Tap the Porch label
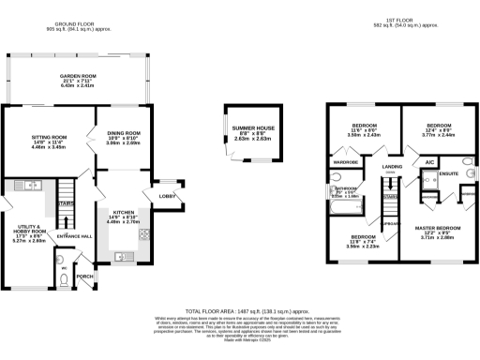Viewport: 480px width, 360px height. (84, 277)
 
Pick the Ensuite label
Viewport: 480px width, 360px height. (449, 172)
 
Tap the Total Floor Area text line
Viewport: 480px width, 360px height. (239, 308)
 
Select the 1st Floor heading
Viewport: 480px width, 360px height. (400, 19)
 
